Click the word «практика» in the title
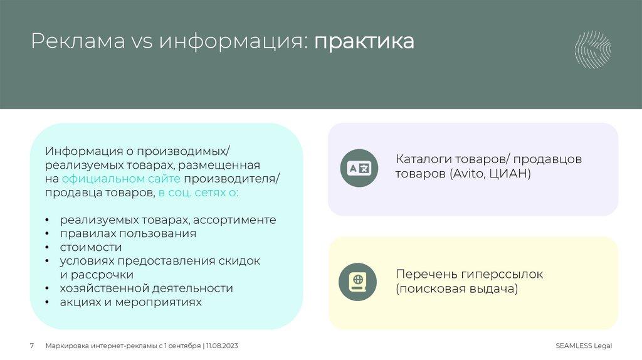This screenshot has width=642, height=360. pyautogui.click(x=364, y=42)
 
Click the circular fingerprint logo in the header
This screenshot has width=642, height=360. pyautogui.click(x=592, y=50)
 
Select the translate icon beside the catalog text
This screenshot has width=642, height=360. pyautogui.click(x=359, y=168)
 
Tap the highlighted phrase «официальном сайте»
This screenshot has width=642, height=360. pyautogui.click(x=103, y=179)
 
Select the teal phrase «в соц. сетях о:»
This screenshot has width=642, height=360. pyautogui.click(x=198, y=193)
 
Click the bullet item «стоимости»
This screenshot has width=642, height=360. pyautogui.click(x=91, y=247)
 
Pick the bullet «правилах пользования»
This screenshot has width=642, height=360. pyautogui.click(x=128, y=233)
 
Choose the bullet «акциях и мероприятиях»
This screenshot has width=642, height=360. pyautogui.click(x=131, y=302)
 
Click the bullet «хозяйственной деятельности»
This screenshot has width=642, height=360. pyautogui.click(x=146, y=289)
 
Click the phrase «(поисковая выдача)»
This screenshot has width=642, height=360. pyautogui.click(x=456, y=289)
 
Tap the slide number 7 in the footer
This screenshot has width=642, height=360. pyautogui.click(x=32, y=346)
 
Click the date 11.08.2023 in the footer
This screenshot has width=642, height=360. pyautogui.click(x=222, y=346)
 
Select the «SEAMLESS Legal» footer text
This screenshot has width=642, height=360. pyautogui.click(x=583, y=346)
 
